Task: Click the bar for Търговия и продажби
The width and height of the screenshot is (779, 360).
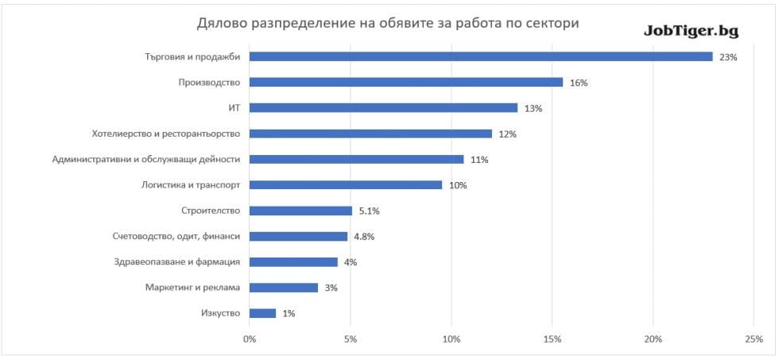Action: click(481, 56)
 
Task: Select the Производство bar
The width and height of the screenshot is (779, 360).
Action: click(406, 82)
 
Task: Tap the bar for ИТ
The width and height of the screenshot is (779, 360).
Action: click(383, 108)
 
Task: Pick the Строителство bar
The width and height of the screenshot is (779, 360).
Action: click(300, 211)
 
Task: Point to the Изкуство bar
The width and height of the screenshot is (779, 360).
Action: click(262, 313)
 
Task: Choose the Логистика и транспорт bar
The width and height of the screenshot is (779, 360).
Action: click(346, 185)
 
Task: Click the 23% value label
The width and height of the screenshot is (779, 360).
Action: click(728, 57)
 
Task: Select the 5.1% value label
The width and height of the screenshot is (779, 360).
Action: click(370, 211)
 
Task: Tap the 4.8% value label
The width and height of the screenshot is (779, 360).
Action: click(363, 237)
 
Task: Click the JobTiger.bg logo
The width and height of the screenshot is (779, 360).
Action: click(691, 31)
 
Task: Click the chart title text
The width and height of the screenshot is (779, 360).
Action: click(388, 24)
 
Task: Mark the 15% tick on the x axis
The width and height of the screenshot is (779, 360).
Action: click(552, 339)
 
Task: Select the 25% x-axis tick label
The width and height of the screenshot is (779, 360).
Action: click(754, 339)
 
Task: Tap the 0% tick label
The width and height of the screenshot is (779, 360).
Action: click(250, 339)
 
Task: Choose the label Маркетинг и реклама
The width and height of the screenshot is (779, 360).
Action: click(192, 287)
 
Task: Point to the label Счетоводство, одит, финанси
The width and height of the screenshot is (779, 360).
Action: click(177, 236)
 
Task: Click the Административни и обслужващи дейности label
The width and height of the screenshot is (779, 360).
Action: click(146, 159)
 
